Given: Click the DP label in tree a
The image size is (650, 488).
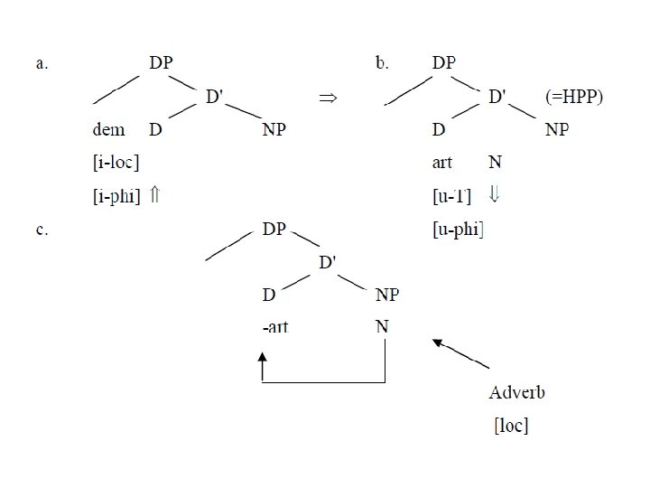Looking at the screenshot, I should (161, 63).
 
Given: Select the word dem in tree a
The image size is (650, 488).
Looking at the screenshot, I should (109, 130).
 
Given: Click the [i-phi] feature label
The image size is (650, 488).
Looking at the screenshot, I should (116, 195).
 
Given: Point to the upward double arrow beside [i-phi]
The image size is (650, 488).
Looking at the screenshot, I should (154, 195).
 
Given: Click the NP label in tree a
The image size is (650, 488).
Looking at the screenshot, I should (274, 130).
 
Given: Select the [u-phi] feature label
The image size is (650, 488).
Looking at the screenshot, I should (459, 230).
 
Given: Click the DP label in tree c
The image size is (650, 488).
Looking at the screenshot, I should (274, 230).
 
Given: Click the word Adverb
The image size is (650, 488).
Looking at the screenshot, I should (516, 392).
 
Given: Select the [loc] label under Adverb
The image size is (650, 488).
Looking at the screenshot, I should (510, 425).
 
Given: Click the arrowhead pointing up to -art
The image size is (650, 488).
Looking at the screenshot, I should (263, 361).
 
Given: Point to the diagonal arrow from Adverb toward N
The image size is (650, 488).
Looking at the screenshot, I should (460, 353).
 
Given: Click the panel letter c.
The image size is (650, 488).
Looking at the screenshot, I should (42, 230).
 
